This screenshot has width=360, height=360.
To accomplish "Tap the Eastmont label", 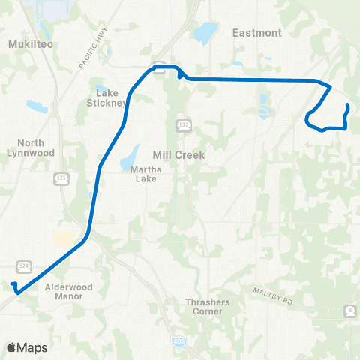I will pyautogui.click(x=257, y=33).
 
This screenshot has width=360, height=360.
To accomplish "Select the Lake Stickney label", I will pyautogui.click(x=109, y=97).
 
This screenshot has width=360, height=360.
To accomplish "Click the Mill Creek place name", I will pyautogui.click(x=178, y=155).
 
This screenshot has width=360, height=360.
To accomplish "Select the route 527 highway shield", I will pyautogui.click(x=183, y=124).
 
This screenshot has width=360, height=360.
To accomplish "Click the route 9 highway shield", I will pyautogui.click(x=349, y=310).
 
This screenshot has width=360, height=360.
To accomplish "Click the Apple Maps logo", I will pyautogui.click(x=27, y=347).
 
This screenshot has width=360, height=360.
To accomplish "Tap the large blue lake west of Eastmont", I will pyautogui.click(x=205, y=32).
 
